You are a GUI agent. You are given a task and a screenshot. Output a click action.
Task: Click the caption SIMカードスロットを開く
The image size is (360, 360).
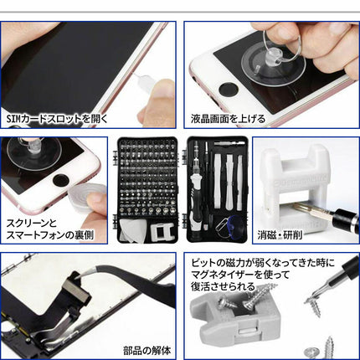tap(56, 118)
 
